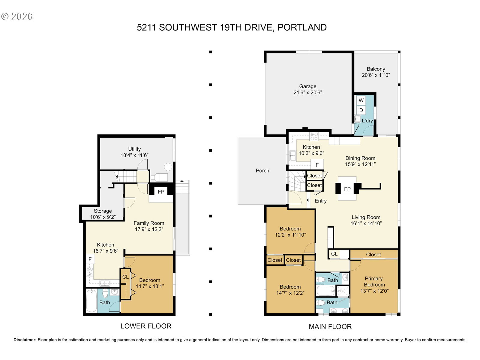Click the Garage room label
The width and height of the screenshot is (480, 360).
[x=308, y=86]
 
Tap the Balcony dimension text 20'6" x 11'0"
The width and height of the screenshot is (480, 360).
[x=376, y=75]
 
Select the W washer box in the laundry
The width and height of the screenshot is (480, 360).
[x=361, y=100]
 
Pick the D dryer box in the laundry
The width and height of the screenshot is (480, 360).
[x=361, y=110]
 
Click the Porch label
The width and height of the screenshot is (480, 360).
[x=262, y=170]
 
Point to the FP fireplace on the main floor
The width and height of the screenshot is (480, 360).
[x=347, y=189]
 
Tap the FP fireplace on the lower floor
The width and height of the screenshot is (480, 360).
[x=161, y=191]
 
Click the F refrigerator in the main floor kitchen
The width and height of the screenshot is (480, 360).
[x=317, y=165]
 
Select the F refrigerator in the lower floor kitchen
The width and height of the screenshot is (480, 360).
[x=90, y=259]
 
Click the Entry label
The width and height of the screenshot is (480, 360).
[x=321, y=201]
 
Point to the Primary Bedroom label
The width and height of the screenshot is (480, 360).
[x=374, y=281]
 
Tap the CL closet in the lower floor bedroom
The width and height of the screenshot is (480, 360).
[x=125, y=277]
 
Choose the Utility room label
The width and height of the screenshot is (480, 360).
[x=134, y=149]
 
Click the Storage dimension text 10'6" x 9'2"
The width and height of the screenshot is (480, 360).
[x=103, y=217]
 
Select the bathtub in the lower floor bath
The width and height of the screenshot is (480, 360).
[x=91, y=301]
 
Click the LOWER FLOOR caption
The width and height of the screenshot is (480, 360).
[x=146, y=326]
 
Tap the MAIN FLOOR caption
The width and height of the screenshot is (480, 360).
[x=330, y=327]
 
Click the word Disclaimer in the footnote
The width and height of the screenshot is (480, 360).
[x=25, y=340]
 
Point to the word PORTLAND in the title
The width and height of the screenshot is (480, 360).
[x=302, y=28]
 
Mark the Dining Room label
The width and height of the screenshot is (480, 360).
[x=360, y=158]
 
